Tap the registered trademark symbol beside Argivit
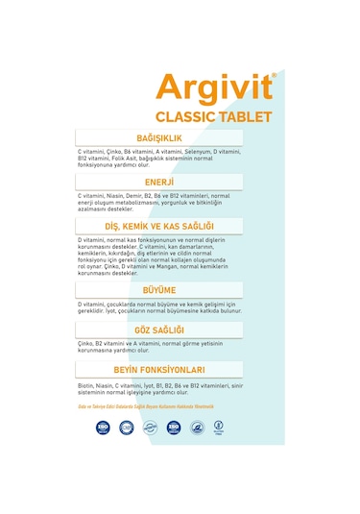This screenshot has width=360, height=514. pos(274,74)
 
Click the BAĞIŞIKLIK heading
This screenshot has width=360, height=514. pos(159,138)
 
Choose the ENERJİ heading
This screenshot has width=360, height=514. pos(159,182)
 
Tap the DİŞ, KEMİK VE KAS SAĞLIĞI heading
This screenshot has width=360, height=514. pos(159,226)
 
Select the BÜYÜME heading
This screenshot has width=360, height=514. pos(159,289)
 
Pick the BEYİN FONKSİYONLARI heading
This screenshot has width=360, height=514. pos(159,369)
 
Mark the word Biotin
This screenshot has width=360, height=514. pos(86,385)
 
